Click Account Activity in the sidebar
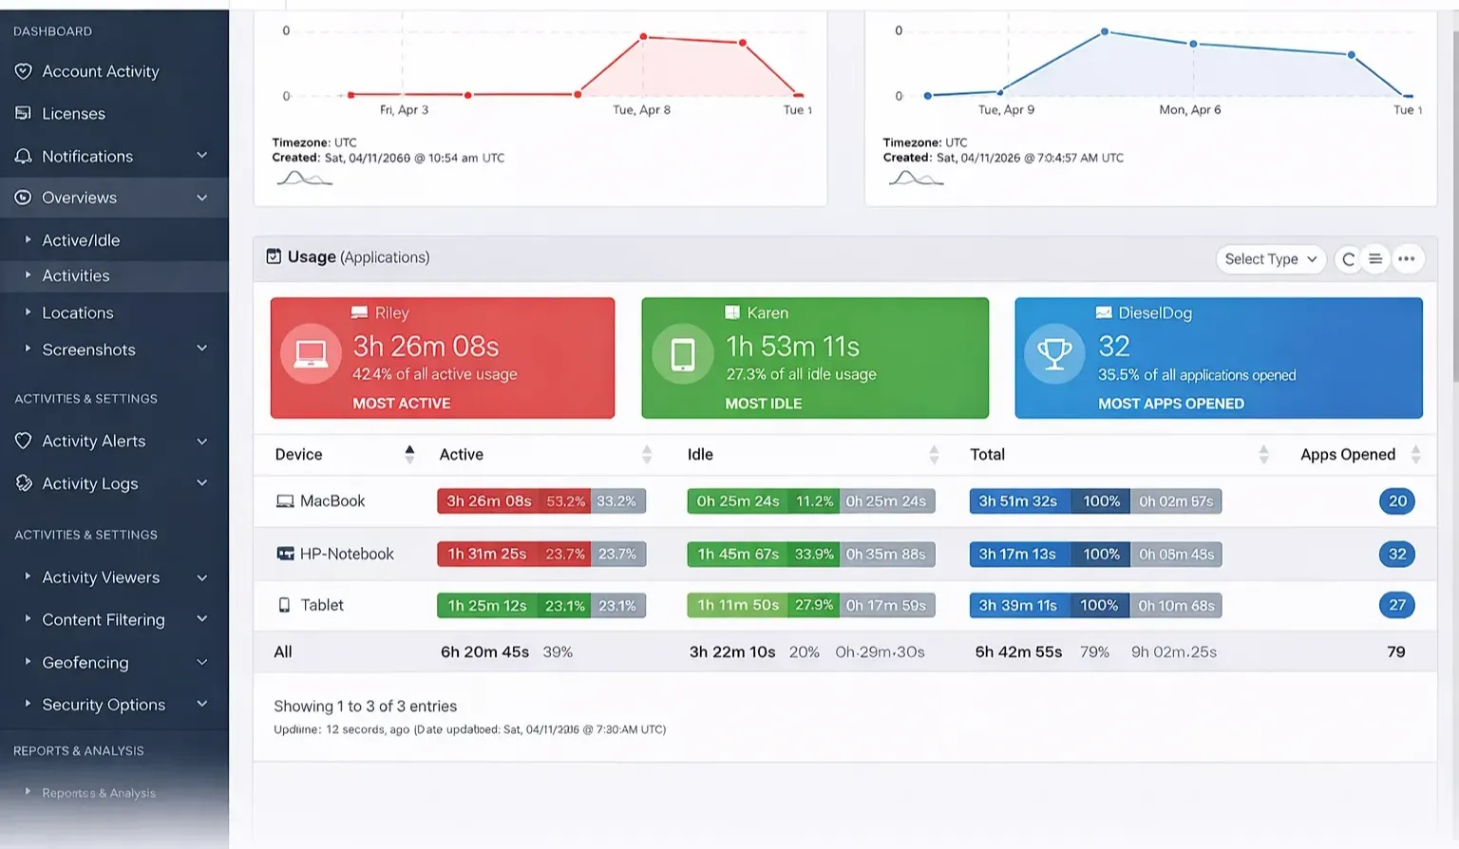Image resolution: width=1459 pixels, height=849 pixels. tap(100, 71)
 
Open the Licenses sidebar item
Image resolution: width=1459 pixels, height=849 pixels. tap(73, 114)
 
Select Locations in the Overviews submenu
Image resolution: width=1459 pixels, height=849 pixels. tap(77, 312)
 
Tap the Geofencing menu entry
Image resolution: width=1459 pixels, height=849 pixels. tap(85, 662)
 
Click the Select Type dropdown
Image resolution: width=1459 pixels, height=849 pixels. tap(1270, 259)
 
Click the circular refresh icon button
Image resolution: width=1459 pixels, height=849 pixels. tap(1348, 259)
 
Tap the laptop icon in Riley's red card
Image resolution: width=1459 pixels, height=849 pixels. tap(311, 354)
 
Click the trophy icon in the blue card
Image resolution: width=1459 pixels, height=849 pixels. tap(1054, 354)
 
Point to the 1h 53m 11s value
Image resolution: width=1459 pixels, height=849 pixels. tap(792, 347)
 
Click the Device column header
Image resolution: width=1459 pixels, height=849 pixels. tap(298, 454)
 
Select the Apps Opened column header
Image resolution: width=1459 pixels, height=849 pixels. tap(1347, 454)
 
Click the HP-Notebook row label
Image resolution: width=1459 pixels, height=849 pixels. tap(346, 554)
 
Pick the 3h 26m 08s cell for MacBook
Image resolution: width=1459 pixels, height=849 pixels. tap(488, 501)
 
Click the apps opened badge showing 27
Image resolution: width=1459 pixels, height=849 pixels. tap(1396, 605)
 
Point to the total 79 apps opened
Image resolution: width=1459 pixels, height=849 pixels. tap(1395, 651)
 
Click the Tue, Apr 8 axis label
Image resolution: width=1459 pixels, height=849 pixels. tap(641, 110)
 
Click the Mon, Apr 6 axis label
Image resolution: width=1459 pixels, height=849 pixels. tap(1189, 110)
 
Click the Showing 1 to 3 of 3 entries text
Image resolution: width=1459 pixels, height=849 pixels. tap(365, 706)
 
